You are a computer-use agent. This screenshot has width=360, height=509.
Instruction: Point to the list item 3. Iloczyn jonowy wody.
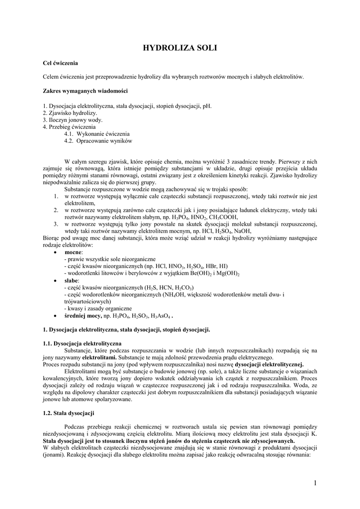[73, 120]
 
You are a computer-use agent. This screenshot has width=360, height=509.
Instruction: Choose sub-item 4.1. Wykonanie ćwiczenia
[97, 134]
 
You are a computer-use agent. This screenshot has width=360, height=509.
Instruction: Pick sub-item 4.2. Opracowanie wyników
[98, 141]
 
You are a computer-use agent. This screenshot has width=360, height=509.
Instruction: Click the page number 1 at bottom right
[315, 483]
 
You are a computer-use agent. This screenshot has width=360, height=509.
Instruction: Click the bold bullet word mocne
[74, 253]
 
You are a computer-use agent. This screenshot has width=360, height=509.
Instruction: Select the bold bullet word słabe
[72, 281]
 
